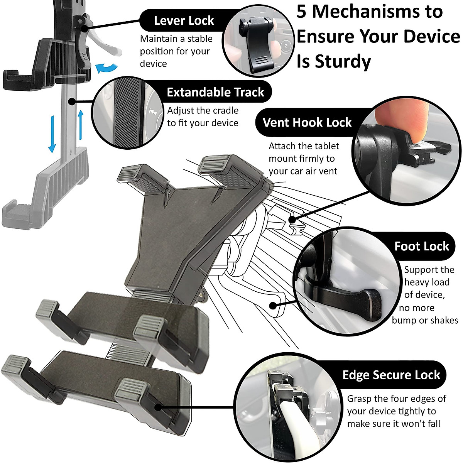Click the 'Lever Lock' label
pos(184,20)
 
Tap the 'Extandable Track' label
pos(215,92)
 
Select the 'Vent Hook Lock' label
pos(307,123)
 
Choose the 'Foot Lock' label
pos(421,246)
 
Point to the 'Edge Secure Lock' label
pos(391,375)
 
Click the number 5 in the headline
pos(302,12)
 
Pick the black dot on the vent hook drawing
pos(292,220)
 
